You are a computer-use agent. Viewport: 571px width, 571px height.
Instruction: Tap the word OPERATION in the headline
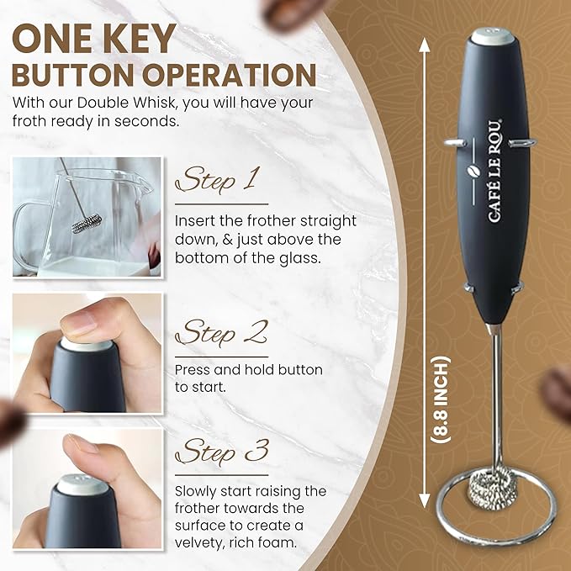(229, 75)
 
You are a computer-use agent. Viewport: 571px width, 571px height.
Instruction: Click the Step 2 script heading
(222, 332)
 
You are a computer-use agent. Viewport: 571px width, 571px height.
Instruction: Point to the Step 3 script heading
(222, 451)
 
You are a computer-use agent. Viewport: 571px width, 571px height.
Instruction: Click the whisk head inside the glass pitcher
(87, 224)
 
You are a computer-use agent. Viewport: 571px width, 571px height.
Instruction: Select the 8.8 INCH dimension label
(441, 399)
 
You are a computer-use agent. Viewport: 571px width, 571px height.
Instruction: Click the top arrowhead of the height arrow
(424, 44)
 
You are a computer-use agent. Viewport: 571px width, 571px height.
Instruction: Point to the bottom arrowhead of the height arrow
(424, 500)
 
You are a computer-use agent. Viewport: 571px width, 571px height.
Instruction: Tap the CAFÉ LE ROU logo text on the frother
(494, 171)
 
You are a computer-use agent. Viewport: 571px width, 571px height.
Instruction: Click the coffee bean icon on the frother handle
(473, 171)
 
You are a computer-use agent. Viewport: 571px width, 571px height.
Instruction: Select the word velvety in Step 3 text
(198, 543)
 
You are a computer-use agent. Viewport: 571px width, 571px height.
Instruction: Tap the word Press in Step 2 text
(192, 370)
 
